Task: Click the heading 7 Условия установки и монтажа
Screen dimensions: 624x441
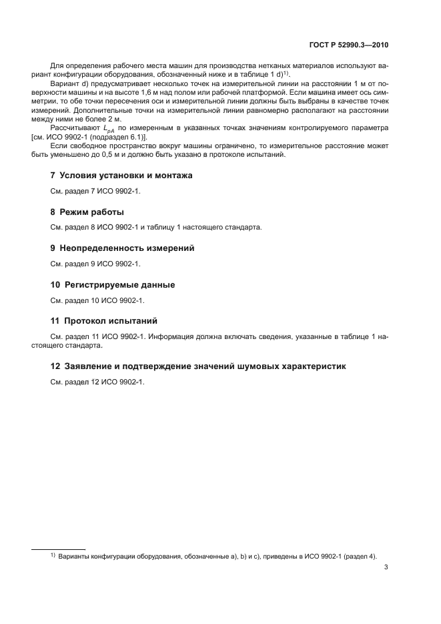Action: [x=121, y=176]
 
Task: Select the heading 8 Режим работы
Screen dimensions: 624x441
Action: [x=87, y=212]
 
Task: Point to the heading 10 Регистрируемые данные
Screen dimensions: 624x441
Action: [x=113, y=285]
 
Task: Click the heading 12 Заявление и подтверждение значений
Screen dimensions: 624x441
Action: [x=198, y=366]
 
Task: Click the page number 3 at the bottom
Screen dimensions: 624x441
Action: [x=386, y=568]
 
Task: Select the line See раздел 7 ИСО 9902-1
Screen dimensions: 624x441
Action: [x=95, y=191]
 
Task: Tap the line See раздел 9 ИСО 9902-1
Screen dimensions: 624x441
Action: [x=95, y=264]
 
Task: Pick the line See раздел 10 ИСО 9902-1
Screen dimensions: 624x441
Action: [x=97, y=300]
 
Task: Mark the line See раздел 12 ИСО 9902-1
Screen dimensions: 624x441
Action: [x=97, y=382]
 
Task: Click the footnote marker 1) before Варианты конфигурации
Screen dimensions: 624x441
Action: [x=53, y=555]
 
